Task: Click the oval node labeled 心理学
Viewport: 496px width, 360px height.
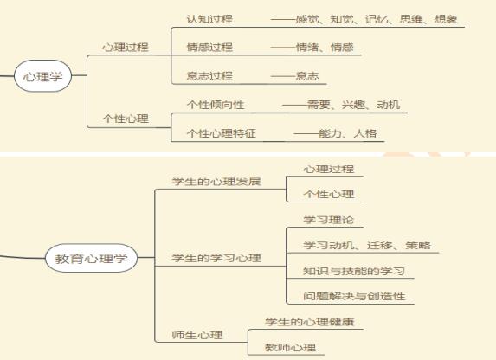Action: (x=42, y=76)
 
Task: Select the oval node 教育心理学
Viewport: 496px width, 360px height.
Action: (x=92, y=258)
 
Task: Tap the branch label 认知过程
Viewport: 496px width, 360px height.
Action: (x=209, y=19)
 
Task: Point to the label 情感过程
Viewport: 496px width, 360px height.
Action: (x=209, y=47)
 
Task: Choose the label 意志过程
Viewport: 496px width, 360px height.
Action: (x=209, y=76)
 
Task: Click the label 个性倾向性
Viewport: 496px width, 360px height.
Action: (x=216, y=105)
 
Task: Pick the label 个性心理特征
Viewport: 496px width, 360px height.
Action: (x=221, y=133)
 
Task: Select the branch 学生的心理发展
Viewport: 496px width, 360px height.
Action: (x=216, y=182)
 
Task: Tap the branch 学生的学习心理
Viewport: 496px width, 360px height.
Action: (x=216, y=258)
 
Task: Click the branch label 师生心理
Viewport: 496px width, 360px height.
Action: (x=197, y=335)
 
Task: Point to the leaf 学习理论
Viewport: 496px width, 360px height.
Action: (x=329, y=220)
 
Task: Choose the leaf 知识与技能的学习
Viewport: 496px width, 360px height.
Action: (x=354, y=271)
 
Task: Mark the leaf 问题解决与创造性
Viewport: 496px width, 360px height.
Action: (x=354, y=297)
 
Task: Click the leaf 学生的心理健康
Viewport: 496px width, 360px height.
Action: (x=310, y=322)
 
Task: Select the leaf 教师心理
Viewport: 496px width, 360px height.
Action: (x=290, y=348)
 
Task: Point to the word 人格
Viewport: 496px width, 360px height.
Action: (x=365, y=133)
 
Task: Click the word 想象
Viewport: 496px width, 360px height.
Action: (x=446, y=19)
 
